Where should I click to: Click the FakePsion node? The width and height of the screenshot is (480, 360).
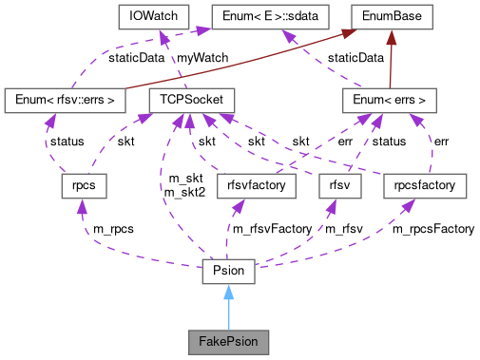(x=228, y=339)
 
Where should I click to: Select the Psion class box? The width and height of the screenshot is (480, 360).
(x=228, y=272)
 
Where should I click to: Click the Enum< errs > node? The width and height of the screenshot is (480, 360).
(x=390, y=99)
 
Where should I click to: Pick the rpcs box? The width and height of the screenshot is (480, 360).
(x=79, y=185)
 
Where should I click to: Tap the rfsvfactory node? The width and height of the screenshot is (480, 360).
(x=257, y=185)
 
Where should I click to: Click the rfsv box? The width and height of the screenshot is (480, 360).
(x=340, y=185)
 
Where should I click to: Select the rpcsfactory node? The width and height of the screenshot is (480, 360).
(x=425, y=185)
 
